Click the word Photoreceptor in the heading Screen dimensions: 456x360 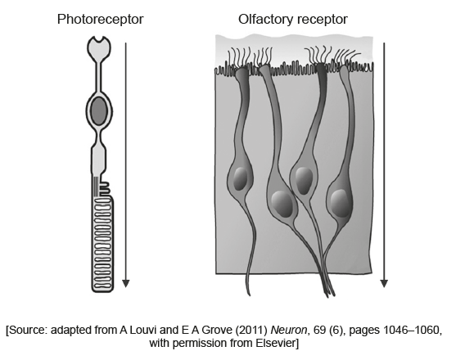coord(101,20)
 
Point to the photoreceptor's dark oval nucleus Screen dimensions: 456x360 coord(99,111)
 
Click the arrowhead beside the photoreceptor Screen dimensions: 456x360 coord(125,283)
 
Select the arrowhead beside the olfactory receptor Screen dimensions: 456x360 coord(384,283)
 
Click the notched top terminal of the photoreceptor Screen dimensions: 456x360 coord(99,47)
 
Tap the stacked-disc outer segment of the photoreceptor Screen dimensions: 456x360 coord(102,244)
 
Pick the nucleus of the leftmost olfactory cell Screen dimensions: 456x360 coord(240,178)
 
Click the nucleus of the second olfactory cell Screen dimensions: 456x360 coord(282,205)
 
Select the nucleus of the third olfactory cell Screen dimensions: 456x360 coord(304,181)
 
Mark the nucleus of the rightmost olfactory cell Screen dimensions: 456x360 coord(340,203)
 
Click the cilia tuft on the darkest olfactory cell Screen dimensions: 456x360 coord(318,55)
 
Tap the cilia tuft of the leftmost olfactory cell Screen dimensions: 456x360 coord(239,58)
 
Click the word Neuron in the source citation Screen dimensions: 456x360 coord(288,330)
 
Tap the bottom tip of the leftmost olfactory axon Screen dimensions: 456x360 coord(249,295)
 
